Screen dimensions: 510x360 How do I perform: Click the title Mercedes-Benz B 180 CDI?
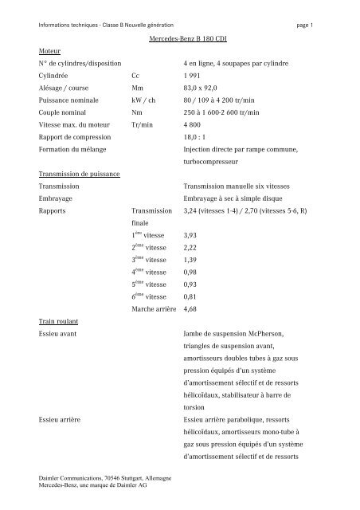(x=189, y=38)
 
